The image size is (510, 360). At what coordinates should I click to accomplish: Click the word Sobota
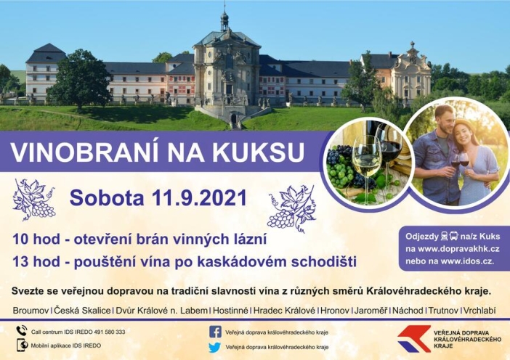point(104,197)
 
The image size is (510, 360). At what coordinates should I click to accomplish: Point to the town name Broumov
point(31,311)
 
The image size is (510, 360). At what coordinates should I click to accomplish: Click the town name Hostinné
point(230,311)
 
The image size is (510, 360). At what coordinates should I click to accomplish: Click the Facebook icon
point(215,332)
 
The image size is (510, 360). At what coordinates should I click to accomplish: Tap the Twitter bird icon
point(215,348)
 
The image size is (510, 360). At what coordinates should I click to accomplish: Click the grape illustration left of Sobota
point(34,199)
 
